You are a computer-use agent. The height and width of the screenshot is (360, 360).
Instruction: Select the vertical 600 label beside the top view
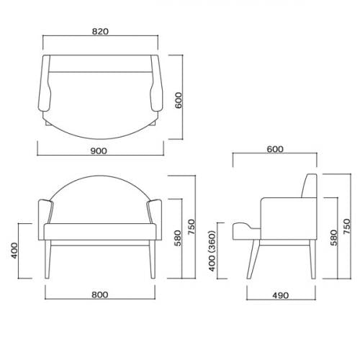[178, 99]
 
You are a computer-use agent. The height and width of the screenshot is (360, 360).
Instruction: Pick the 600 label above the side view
[275, 149]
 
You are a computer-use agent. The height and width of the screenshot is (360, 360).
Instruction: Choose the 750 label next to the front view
[192, 227]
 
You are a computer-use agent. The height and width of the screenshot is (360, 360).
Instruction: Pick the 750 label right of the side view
[346, 227]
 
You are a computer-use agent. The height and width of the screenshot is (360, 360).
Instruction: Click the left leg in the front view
[50, 262]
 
